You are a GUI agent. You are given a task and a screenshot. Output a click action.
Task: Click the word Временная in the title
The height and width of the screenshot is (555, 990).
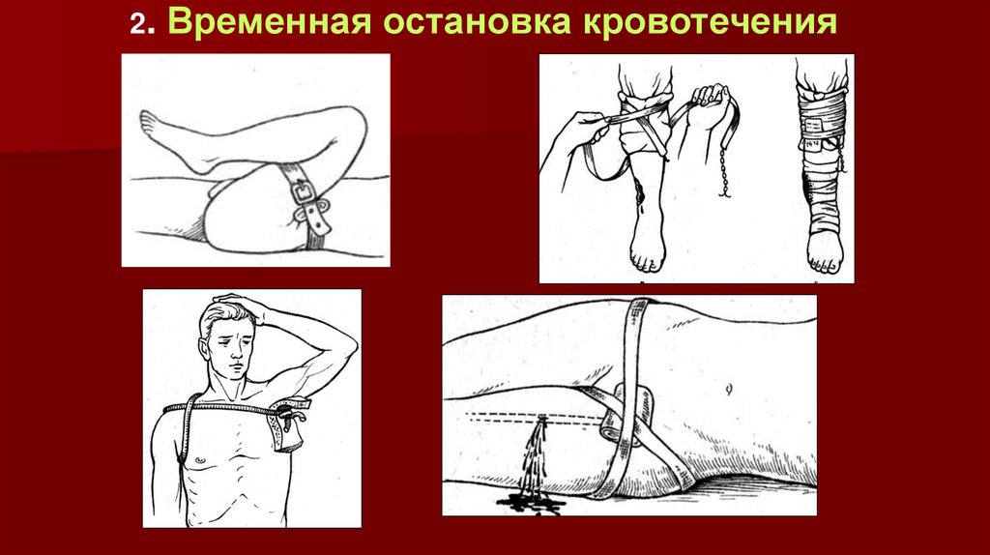(270, 21)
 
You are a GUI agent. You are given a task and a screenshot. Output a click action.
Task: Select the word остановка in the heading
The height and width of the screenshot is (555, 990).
(476, 23)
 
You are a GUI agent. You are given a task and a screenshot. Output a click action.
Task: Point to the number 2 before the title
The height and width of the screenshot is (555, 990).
(137, 24)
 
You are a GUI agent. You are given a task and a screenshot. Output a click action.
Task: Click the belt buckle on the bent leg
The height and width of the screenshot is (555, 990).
(303, 190)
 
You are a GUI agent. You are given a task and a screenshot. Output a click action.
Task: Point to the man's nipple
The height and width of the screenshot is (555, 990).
(200, 459)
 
